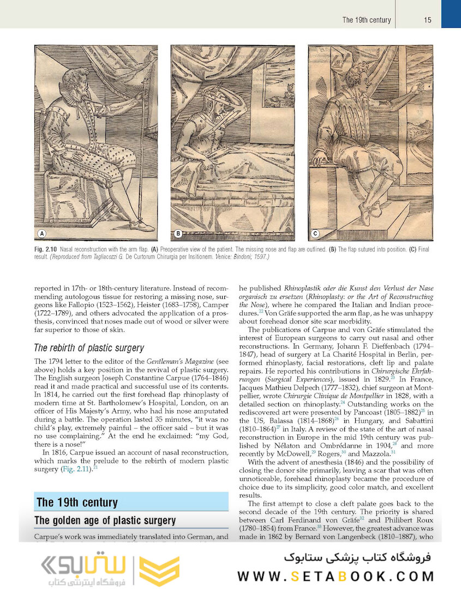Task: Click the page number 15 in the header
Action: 427,20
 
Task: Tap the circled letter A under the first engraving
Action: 41,234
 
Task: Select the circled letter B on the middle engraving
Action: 178,234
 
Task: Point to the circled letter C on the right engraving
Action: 315,234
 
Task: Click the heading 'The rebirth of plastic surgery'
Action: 88,348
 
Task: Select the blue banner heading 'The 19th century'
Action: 77,502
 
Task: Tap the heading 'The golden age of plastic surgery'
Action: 105,520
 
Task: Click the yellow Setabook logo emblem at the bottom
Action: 159,570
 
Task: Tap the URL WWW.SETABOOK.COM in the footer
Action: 336,576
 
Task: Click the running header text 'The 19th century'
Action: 367,20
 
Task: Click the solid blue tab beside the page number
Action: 451,14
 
